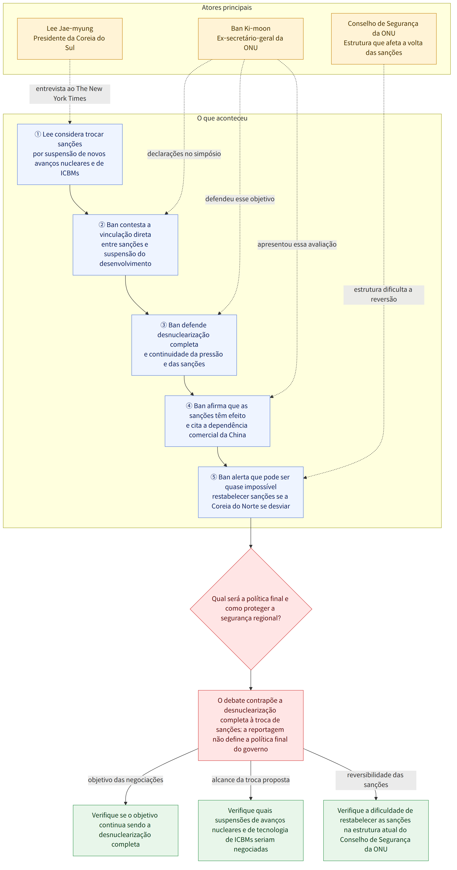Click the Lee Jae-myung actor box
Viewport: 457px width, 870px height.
pyautogui.click(x=70, y=39)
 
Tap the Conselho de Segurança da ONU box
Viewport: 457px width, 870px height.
pyautogui.click(x=384, y=39)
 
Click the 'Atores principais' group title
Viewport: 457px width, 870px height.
pyautogui.click(x=227, y=8)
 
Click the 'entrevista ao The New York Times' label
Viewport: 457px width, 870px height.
pyautogui.click(x=70, y=94)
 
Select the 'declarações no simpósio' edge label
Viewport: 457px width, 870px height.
pyautogui.click(x=184, y=154)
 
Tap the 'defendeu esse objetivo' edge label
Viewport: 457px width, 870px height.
pyautogui.click(x=240, y=199)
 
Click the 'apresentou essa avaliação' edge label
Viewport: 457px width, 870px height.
pyautogui.click(x=297, y=244)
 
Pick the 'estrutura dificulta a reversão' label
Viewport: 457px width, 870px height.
pyautogui.click(x=384, y=294)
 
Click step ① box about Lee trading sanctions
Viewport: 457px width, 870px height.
pyautogui.click(x=70, y=154)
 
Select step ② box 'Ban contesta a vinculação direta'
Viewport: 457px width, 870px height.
pyautogui.click(x=125, y=245)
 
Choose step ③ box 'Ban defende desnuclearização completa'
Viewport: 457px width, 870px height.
pyautogui.click(x=184, y=345)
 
